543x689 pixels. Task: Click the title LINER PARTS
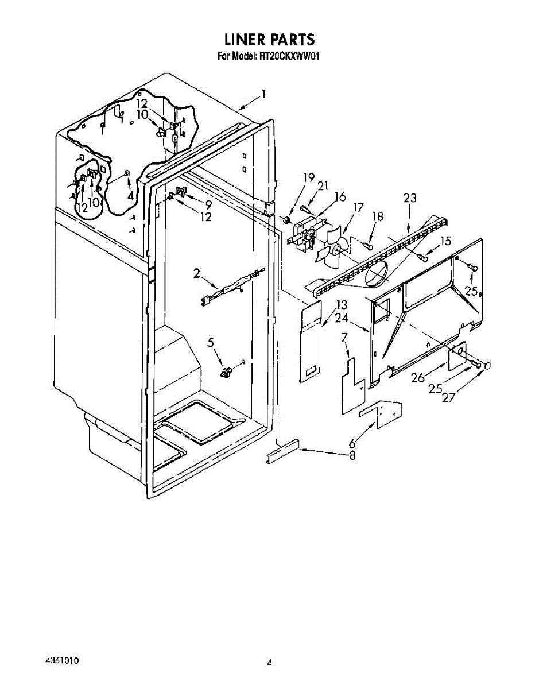tap(269, 39)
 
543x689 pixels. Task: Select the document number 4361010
tap(61, 661)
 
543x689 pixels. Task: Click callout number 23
tap(410, 198)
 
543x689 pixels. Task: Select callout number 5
tap(211, 343)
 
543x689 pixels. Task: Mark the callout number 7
tap(344, 337)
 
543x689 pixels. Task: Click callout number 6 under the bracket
tap(352, 444)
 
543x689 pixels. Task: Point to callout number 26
tap(417, 378)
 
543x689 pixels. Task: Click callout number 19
tap(308, 177)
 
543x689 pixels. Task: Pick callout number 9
tap(208, 203)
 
